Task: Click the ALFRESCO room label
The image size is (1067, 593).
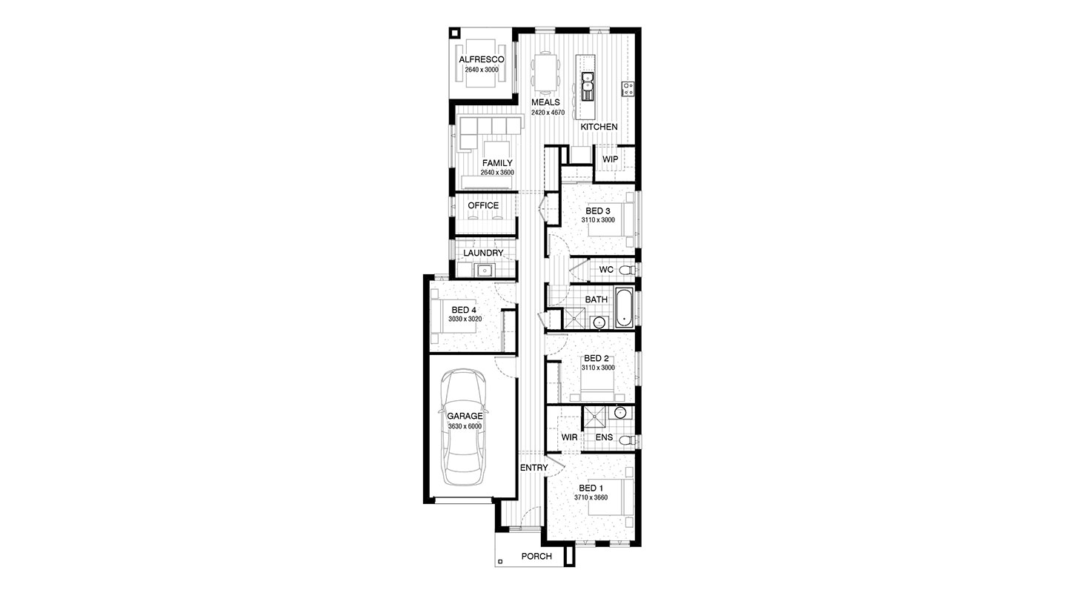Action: click(482, 59)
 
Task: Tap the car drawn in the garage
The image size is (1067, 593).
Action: click(465, 427)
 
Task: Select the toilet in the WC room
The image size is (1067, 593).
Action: click(628, 271)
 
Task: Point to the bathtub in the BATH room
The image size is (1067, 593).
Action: click(624, 307)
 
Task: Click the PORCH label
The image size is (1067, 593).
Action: click(536, 556)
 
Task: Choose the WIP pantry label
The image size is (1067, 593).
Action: click(611, 159)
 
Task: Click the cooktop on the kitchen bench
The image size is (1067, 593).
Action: click(628, 88)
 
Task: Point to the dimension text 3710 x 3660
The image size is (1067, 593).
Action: click(591, 497)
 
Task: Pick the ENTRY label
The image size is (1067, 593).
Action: click(534, 468)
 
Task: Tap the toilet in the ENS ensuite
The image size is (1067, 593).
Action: click(629, 440)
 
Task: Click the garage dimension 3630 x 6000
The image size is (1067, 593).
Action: click(465, 427)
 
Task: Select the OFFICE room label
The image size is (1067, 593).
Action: click(483, 205)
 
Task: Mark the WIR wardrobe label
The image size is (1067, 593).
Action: click(569, 437)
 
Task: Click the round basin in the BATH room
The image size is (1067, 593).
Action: click(599, 322)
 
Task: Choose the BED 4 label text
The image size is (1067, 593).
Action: click(464, 311)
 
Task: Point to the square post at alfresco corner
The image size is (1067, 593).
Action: click(454, 33)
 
